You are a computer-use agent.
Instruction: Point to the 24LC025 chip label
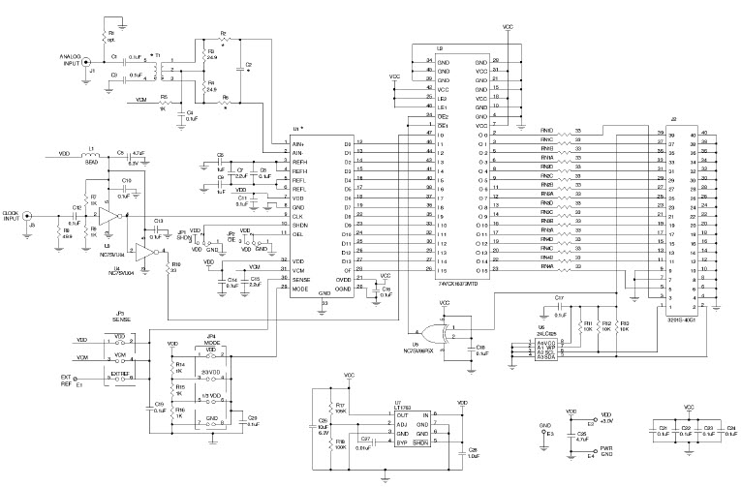pos(548,329)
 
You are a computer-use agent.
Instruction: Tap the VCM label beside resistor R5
pos(143,99)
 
